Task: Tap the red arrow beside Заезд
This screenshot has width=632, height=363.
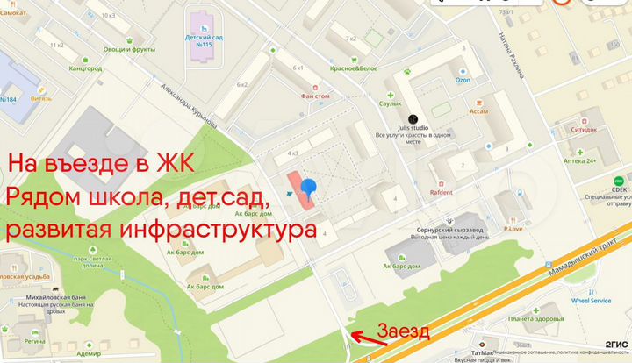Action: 361,334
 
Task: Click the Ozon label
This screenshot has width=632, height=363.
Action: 463,80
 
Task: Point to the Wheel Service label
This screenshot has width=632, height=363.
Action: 591,301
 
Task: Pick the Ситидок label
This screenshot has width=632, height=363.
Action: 584,129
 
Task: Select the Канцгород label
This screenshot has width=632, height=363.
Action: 85,68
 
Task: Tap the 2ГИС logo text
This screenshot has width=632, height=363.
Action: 614,343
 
